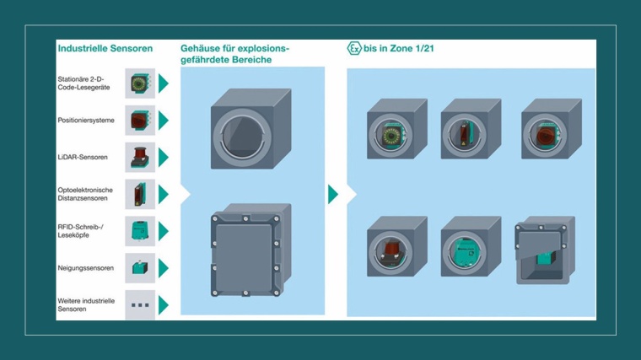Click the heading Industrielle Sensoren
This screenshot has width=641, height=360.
105,49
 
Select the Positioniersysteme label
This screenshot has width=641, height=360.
86,121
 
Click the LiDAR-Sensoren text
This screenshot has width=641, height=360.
83,157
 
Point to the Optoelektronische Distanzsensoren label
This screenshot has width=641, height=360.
85,195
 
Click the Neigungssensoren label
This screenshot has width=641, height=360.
85,268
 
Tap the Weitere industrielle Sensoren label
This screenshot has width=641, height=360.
85,305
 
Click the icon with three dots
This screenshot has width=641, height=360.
140,305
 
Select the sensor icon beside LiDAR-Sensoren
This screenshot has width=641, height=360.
140,157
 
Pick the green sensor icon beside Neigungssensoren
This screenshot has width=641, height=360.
140,268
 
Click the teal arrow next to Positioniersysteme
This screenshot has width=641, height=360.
164,121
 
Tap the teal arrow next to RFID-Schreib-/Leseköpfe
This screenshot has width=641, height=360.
164,231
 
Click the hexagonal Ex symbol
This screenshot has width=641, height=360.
355,49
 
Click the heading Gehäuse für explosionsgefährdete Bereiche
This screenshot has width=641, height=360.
234,54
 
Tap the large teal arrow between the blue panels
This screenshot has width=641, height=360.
333,194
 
